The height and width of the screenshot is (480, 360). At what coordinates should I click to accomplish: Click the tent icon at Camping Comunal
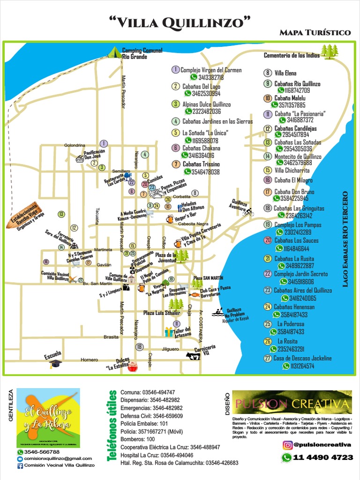click(114, 52)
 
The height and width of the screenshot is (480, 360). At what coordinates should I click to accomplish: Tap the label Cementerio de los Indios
click(292, 55)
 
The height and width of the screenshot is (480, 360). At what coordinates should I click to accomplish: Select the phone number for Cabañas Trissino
click(205, 172)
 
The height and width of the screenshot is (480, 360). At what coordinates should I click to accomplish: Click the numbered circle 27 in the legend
click(268, 358)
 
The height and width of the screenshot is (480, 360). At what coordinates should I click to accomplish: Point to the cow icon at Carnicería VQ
click(192, 356)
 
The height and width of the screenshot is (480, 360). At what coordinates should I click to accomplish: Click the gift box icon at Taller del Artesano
click(169, 332)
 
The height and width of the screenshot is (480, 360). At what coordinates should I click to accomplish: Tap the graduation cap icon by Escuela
click(55, 363)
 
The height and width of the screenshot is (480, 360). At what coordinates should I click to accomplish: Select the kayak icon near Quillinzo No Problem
click(217, 312)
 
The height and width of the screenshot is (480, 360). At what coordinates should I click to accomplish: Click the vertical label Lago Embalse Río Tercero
click(345, 239)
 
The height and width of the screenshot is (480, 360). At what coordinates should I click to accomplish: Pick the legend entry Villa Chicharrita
click(293, 170)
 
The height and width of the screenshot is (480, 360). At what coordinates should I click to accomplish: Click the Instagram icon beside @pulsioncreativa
click(287, 445)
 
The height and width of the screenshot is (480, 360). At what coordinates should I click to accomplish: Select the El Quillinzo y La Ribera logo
click(48, 417)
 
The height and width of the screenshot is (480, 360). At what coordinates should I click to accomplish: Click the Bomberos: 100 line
click(137, 439)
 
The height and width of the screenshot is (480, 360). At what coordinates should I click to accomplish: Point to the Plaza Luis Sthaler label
click(162, 313)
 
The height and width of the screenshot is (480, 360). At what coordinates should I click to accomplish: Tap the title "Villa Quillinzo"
click(180, 22)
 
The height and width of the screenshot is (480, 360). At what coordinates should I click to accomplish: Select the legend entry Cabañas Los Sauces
click(296, 240)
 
